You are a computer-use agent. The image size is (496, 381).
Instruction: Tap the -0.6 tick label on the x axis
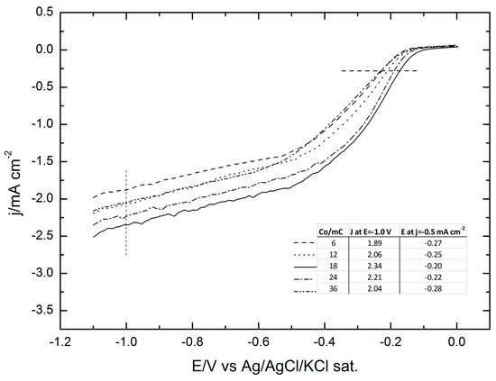pos(258,342)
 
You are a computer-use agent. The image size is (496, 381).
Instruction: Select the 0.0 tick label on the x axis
pos(457,342)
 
